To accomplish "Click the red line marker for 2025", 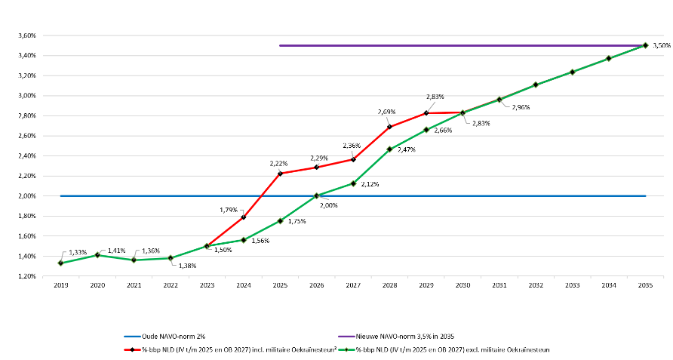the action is coord(280,174).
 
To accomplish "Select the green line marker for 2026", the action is coord(317,195).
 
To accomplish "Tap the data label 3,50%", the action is coord(662,45).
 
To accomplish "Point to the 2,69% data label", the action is coord(387,112).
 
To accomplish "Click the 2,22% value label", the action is coord(278,163).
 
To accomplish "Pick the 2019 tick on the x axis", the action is coord(61,285).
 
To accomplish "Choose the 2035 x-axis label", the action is coord(645,285).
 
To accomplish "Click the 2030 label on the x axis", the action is coord(462,285).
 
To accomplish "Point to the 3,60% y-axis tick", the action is coord(27,35).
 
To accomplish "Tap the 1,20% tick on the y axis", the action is coord(27,276).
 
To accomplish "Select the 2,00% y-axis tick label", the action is coord(27,196).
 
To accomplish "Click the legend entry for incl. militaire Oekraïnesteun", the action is coord(230,349).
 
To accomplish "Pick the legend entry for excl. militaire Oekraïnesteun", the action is coord(444,349).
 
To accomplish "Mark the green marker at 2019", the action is coord(60,263).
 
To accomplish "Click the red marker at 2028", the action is coord(390,127).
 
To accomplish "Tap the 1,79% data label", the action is coord(229,210).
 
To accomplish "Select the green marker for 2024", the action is coord(244,240).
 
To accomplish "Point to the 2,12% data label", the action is coord(370,184).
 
